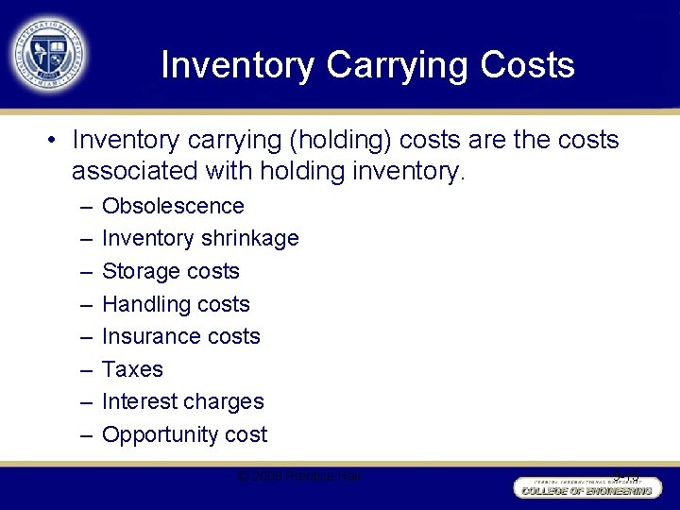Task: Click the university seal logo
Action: (x=49, y=53)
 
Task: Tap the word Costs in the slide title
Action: (x=527, y=65)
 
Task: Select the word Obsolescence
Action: (x=173, y=206)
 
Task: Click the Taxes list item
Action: (x=132, y=369)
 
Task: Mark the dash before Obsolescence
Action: (x=86, y=206)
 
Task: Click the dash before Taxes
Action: (x=86, y=369)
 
